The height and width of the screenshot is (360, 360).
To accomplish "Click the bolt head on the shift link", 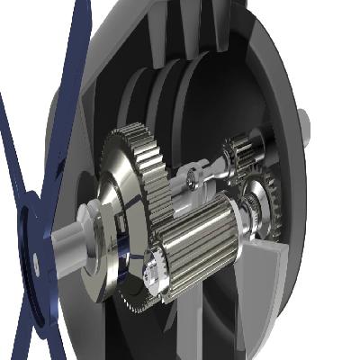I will pyautogui.click(x=191, y=181).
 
